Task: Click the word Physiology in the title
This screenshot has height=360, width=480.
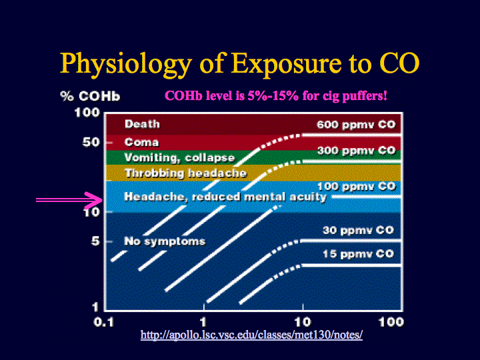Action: click(126, 65)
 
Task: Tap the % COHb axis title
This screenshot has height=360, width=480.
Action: click(90, 96)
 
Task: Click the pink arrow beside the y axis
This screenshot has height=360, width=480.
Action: click(69, 200)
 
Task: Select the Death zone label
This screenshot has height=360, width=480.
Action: click(143, 124)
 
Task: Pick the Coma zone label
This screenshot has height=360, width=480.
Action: click(142, 142)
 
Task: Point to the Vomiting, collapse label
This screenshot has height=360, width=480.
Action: click(180, 157)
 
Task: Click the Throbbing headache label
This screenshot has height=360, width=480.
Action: click(186, 173)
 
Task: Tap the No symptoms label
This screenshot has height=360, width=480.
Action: click(165, 241)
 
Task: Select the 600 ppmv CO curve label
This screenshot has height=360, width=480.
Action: click(356, 125)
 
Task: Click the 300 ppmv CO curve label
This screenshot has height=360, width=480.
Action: click(356, 151)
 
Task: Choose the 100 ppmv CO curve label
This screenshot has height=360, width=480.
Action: click(356, 186)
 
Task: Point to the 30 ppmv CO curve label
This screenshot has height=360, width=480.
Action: click(358, 230)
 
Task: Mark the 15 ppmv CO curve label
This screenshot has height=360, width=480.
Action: click(358, 254)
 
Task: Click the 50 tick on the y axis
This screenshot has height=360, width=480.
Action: click(91, 142)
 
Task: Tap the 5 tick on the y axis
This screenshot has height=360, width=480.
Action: click(95, 241)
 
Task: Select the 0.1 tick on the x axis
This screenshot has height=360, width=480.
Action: click(104, 322)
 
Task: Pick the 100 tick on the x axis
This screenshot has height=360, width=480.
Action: click(391, 322)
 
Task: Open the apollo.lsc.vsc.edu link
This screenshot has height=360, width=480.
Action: click(251, 335)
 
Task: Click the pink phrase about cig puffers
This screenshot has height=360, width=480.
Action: click(276, 96)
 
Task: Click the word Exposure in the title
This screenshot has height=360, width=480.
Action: click(286, 65)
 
